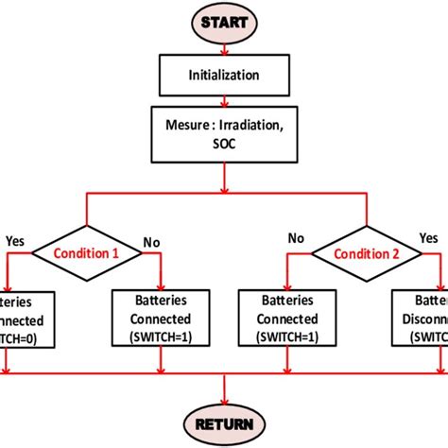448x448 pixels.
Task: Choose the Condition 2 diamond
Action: (362, 252)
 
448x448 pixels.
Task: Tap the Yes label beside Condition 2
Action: (428, 240)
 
